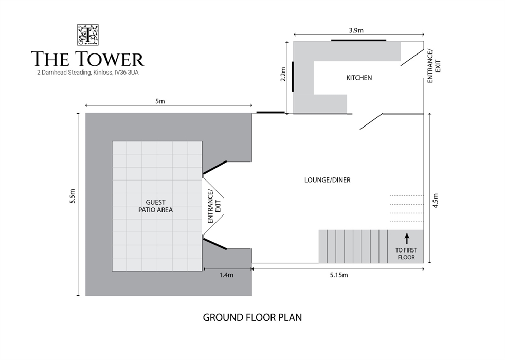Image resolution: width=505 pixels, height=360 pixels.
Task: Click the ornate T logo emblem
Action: (x=87, y=35)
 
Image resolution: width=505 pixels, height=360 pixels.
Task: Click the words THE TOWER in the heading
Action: (x=87, y=59)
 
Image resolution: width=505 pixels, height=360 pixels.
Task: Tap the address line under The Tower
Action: (x=88, y=73)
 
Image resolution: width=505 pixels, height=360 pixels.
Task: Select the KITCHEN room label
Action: (x=359, y=78)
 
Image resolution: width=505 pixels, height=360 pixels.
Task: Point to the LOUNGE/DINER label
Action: (x=327, y=180)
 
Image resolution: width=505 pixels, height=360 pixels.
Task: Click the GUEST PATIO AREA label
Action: (x=155, y=206)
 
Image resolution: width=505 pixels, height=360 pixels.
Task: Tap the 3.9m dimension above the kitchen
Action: (x=356, y=30)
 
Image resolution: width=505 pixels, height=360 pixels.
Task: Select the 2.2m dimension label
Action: (x=283, y=74)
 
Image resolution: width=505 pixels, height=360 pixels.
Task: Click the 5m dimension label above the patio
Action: (x=160, y=101)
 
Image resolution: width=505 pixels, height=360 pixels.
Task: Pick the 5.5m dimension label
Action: (x=73, y=196)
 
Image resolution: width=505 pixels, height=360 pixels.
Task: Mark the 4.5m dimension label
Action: (x=436, y=201)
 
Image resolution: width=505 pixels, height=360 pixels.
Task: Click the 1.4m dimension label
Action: (x=226, y=275)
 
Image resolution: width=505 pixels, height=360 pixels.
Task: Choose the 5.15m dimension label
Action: (x=339, y=275)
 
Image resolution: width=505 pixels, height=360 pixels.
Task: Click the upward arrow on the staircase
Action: (x=407, y=238)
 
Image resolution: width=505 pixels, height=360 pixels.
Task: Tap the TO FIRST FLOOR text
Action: (x=406, y=254)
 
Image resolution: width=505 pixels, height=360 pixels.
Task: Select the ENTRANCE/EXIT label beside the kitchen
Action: (x=434, y=66)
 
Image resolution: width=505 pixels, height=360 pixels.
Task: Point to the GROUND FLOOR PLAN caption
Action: (x=252, y=317)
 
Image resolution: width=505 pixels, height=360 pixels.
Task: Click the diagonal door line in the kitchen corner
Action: (x=412, y=58)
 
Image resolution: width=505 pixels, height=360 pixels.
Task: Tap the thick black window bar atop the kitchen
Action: (x=358, y=40)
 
